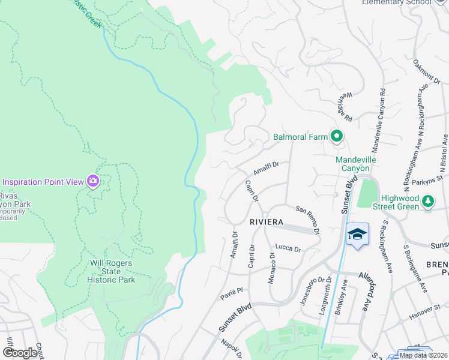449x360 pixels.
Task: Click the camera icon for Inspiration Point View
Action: [92, 181]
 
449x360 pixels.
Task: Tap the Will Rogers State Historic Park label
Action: [112, 271]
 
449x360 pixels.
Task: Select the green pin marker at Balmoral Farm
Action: [336, 137]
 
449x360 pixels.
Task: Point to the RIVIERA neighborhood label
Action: [266, 222]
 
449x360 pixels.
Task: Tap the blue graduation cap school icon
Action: [357, 234]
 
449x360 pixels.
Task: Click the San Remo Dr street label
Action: [309, 219]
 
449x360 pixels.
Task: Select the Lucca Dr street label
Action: [288, 247]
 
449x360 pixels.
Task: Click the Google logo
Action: [20, 353]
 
